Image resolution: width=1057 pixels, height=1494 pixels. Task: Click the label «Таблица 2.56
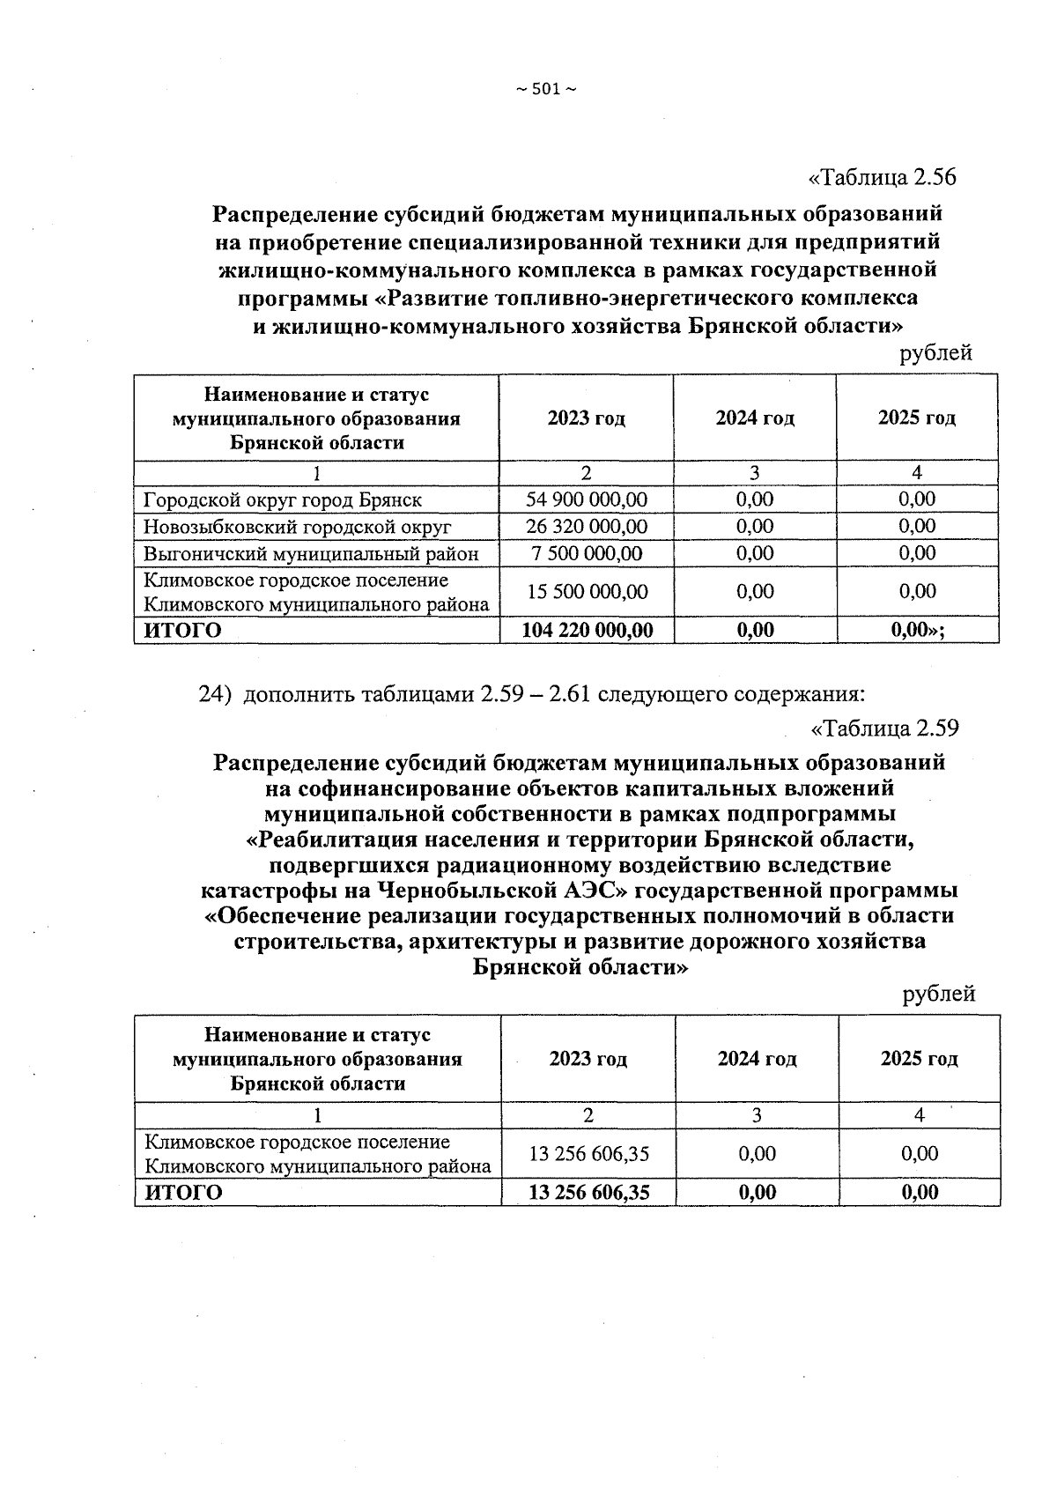[882, 177]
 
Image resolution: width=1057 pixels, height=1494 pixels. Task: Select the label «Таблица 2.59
[883, 729]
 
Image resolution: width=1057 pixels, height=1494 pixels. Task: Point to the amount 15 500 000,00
[587, 591]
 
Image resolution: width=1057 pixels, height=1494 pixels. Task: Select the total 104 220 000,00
[587, 630]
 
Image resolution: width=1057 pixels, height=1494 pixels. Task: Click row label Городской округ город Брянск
[283, 500]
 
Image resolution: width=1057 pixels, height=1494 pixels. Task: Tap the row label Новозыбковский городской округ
[297, 528]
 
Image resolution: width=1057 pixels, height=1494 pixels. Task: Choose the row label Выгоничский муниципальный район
[311, 554]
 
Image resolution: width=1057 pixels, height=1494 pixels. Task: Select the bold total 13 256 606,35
[588, 1193]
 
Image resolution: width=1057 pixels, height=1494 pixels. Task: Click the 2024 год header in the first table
[755, 418]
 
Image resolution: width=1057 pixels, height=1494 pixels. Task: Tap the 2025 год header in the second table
[919, 1059]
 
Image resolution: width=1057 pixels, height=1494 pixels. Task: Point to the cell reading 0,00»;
[918, 630]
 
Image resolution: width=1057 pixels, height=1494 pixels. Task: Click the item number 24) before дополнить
[215, 695]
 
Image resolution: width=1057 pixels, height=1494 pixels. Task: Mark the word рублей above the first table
[935, 353]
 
